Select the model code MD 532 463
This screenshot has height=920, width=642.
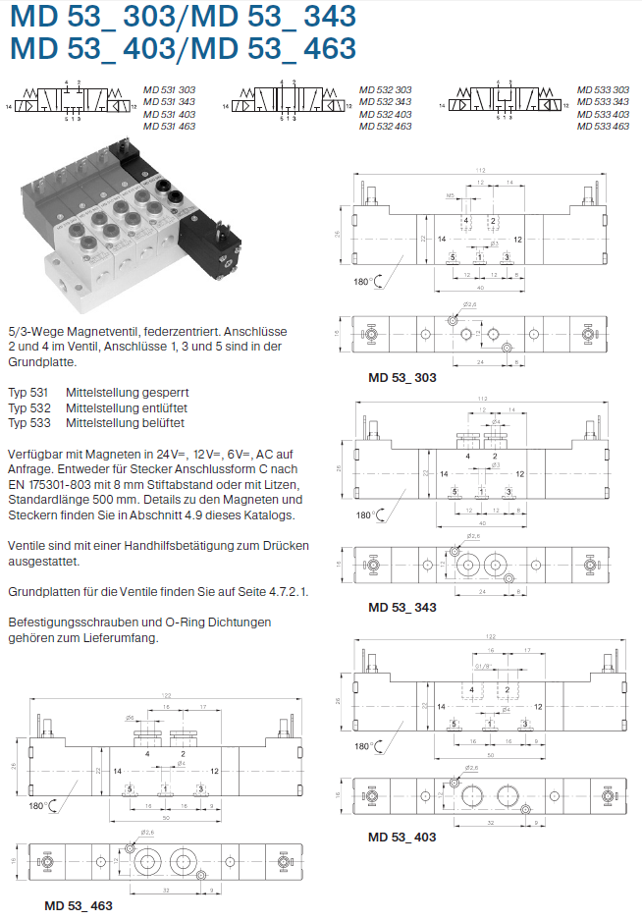(x=385, y=127)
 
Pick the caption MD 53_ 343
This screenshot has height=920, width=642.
(x=401, y=607)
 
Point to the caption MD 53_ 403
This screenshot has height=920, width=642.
(x=401, y=837)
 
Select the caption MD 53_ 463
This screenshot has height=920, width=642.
(x=79, y=904)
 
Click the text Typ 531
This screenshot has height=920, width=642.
(x=27, y=392)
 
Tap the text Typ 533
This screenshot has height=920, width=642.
(x=27, y=422)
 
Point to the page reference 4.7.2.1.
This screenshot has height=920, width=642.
(x=287, y=592)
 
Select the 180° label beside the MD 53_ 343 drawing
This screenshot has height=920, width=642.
(x=364, y=514)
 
